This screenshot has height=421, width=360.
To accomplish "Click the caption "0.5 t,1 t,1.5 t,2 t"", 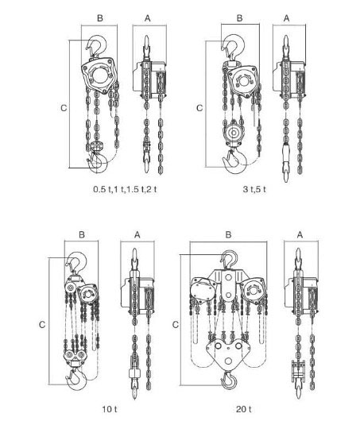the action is click(x=125, y=189).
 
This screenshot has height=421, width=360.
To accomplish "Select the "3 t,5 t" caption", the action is click(x=254, y=189).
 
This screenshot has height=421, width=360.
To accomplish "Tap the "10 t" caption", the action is click(x=110, y=409).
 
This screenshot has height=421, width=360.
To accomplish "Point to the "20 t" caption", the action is click(x=244, y=409).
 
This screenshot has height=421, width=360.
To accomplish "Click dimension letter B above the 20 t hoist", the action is click(x=228, y=234).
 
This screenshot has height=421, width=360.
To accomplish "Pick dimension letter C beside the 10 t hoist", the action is click(x=42, y=325).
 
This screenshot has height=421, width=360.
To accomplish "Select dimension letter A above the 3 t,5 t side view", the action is click(x=287, y=18).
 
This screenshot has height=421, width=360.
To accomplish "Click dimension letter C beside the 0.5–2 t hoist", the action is click(x=64, y=108).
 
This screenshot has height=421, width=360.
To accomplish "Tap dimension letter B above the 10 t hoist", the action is click(x=82, y=234).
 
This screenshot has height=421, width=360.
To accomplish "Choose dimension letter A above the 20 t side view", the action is click(x=300, y=234).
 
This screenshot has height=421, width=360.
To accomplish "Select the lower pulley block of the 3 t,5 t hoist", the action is click(x=233, y=133).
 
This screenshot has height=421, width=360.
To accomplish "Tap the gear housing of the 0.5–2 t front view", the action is click(x=99, y=75).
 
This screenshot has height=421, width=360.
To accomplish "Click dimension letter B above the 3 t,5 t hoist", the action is click(x=240, y=18).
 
